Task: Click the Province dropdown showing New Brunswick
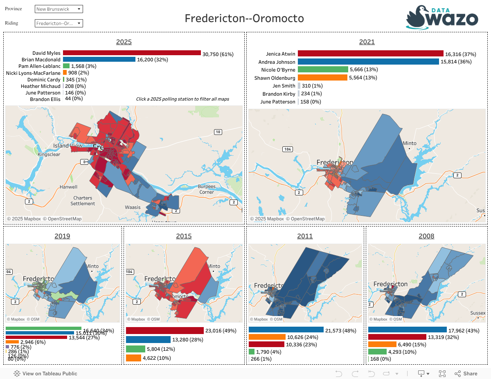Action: coord(59,9)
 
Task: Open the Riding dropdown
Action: coord(59,23)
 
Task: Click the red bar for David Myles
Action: coord(132,53)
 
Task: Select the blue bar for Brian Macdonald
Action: coord(99,59)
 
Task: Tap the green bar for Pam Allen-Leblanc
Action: coord(66,66)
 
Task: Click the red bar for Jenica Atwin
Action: coord(370,54)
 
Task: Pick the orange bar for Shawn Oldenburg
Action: coord(322,78)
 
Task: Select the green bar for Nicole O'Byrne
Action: coord(323,70)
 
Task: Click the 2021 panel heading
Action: coord(367,42)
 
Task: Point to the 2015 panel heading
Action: coord(184,236)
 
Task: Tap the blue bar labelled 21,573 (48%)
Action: coord(286,330)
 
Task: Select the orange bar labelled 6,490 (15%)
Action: coord(382,344)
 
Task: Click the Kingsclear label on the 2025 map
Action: coord(49,155)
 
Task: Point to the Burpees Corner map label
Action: coord(207,189)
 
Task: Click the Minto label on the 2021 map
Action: coord(409,144)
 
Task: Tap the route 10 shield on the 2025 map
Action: coord(218,132)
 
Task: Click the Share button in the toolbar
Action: coord(466,373)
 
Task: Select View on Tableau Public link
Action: coord(45,373)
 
